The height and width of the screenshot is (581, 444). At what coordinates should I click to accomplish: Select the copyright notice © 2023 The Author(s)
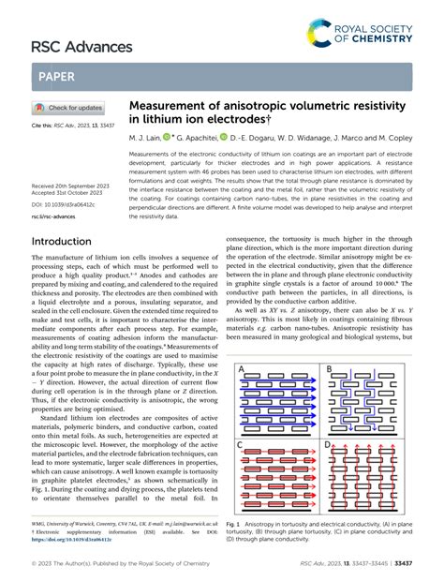(x=67, y=567)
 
